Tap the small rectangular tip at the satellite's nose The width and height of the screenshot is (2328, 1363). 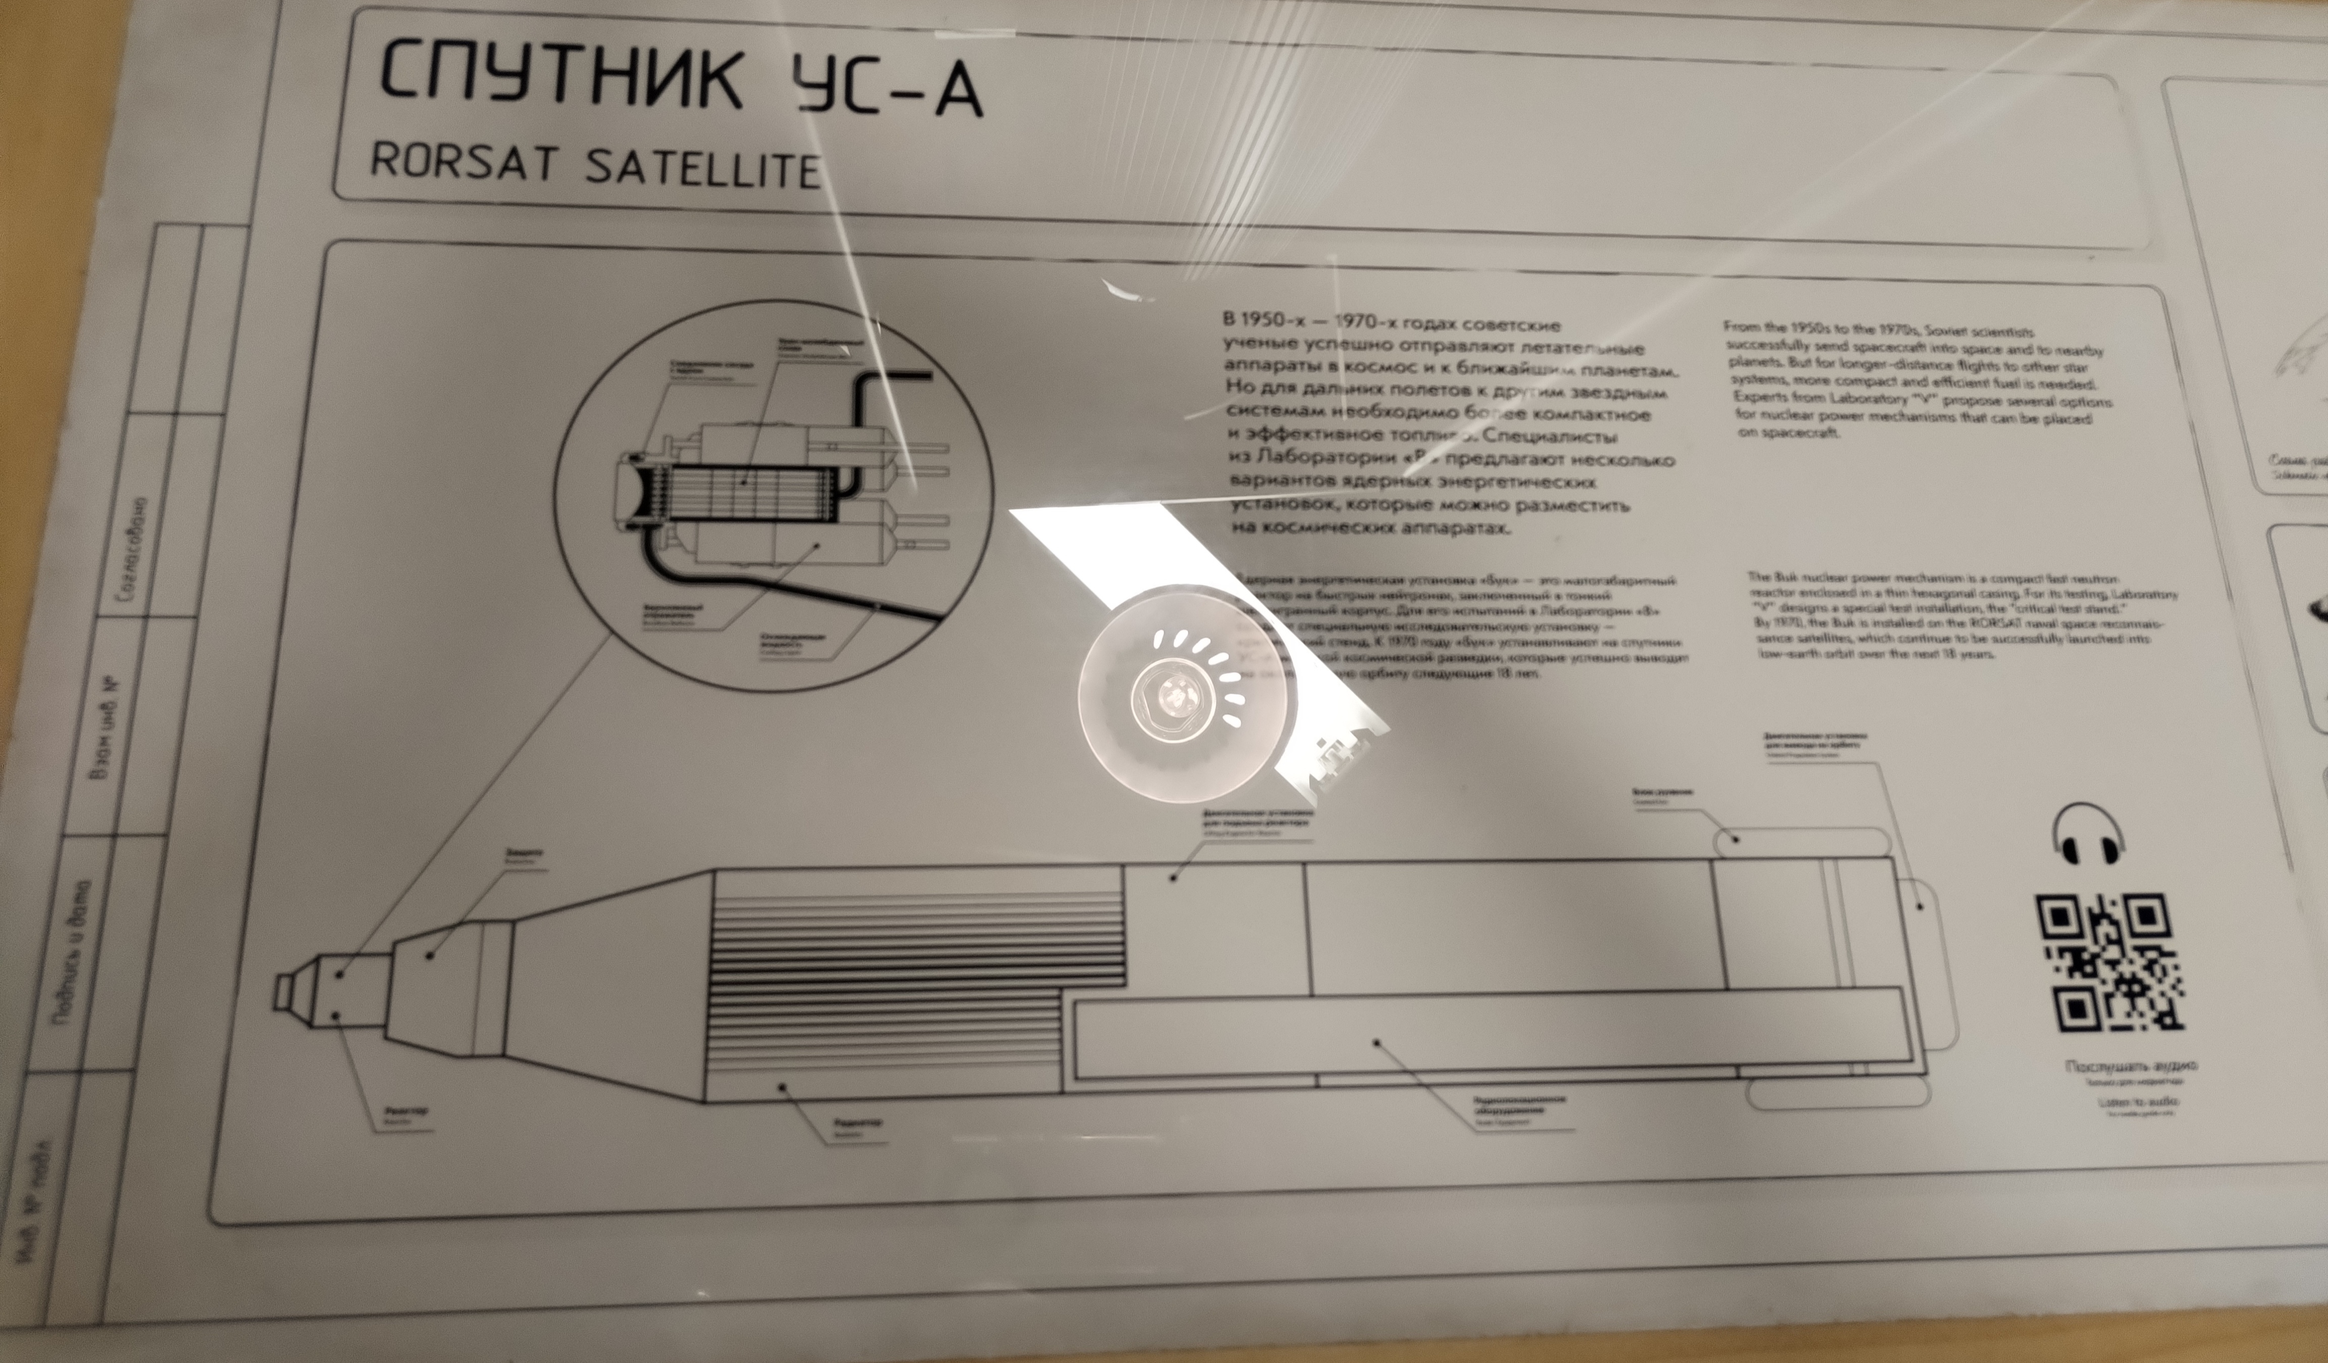tap(283, 992)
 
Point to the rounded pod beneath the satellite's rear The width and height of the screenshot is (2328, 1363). tap(1838, 1095)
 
